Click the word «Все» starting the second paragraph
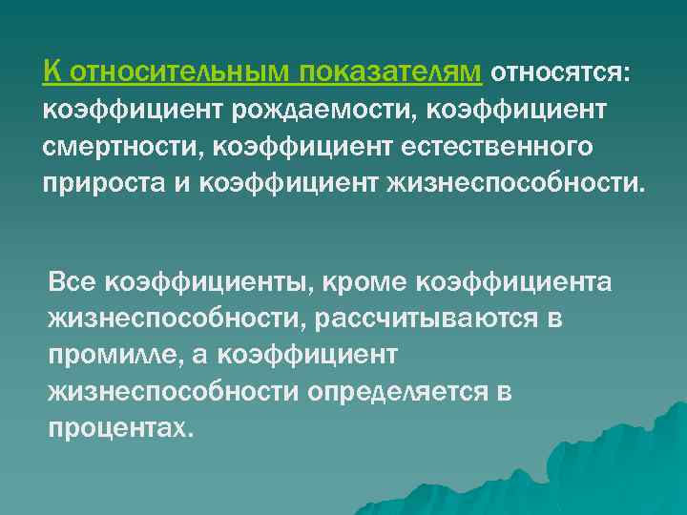[x=73, y=282]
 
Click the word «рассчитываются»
[x=427, y=319]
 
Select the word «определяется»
[x=395, y=392]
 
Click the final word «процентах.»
[x=120, y=428]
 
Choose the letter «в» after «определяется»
[x=505, y=392]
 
